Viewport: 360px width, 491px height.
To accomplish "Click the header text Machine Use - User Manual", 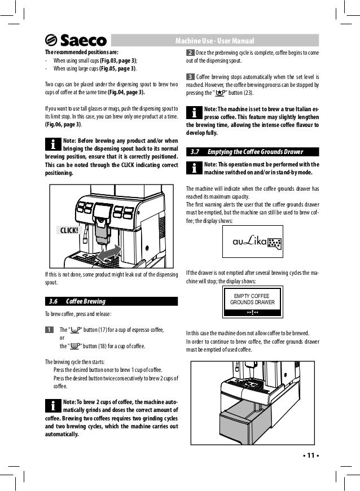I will pos(215,41).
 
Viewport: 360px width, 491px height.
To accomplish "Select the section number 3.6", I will pos(54,301).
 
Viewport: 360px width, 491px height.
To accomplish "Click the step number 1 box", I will pos(49,330).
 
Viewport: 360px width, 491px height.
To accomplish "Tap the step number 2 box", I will pos(190,53).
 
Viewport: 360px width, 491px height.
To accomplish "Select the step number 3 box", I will pos(190,77).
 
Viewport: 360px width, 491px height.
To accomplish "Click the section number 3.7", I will pos(195,151).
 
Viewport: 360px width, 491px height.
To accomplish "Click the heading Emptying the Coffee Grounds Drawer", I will pos(256,151).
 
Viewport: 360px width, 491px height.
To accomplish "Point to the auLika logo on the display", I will pos(249,242).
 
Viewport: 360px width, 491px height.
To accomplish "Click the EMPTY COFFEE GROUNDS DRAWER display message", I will pos(252,300).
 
